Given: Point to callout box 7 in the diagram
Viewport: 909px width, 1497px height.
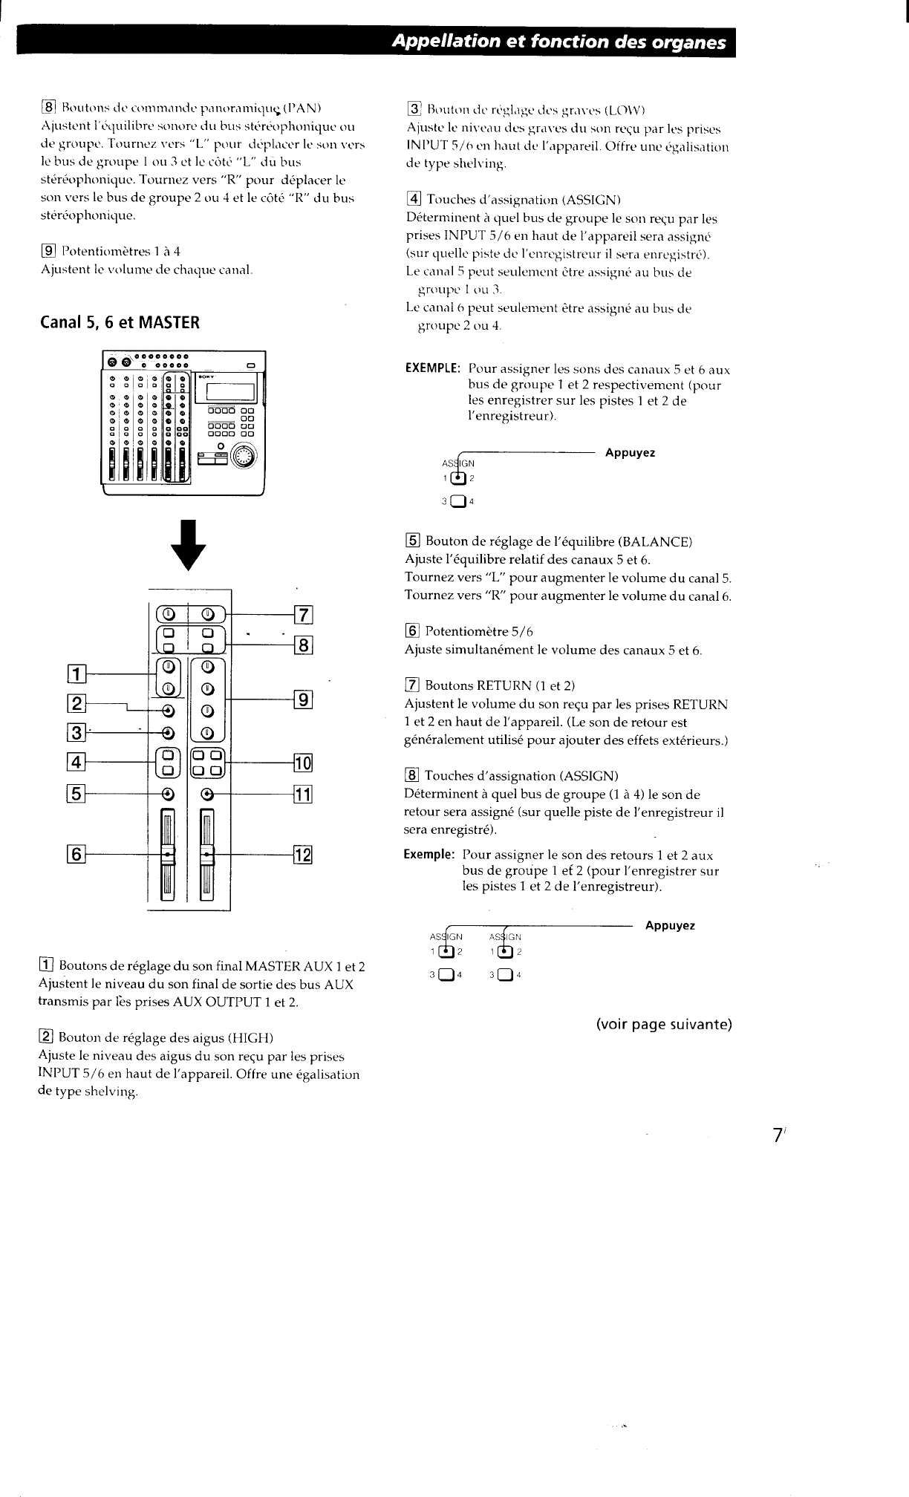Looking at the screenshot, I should coord(304,616).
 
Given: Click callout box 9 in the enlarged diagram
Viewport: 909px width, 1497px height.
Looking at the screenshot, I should coord(304,699).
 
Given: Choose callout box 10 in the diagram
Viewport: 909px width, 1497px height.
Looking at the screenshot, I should coord(304,763).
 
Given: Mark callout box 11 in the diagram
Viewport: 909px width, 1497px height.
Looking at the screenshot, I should coord(304,795).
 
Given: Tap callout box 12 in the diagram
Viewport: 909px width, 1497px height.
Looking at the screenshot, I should coord(304,856).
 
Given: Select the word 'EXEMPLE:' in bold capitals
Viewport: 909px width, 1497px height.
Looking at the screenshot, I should coord(433,369).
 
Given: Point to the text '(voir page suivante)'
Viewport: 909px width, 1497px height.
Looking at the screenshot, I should coord(663,1025).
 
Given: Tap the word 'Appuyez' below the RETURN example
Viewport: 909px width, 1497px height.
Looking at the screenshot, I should coord(670,926).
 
